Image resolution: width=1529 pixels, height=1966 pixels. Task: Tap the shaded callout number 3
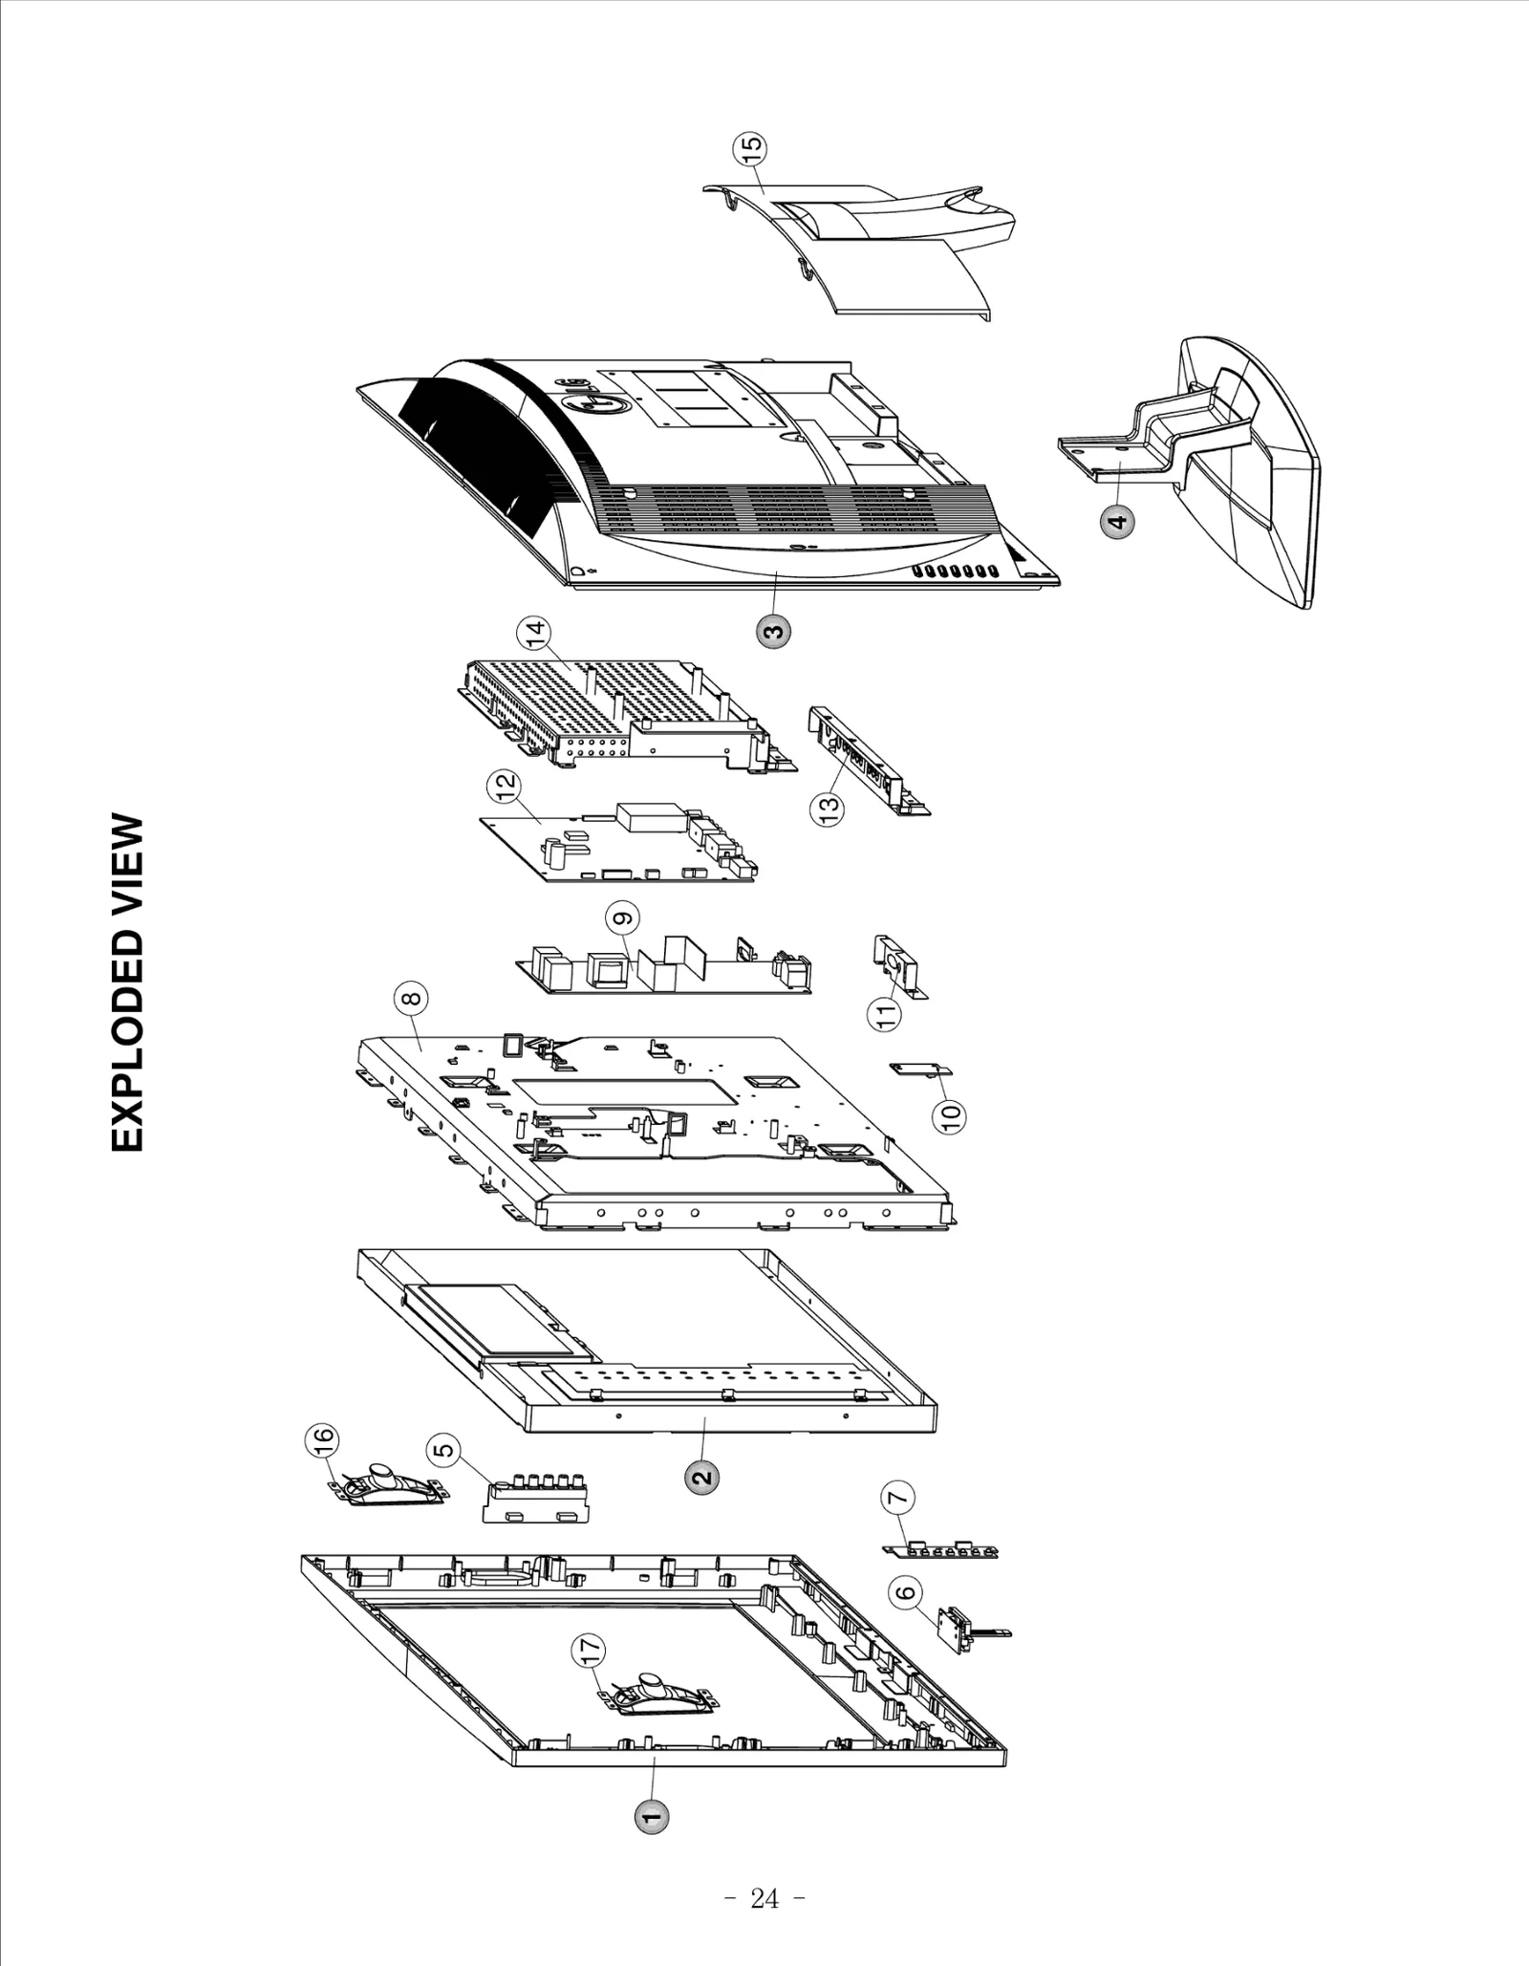(773, 632)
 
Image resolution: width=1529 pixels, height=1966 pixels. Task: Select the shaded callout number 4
(1117, 522)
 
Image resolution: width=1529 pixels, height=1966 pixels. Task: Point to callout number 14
(534, 632)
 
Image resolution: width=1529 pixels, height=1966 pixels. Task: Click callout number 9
(622, 918)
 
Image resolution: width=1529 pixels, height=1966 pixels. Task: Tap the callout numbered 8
(411, 999)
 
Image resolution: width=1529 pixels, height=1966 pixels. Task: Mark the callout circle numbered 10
(949, 1116)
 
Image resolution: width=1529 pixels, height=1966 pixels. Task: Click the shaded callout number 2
(701, 1477)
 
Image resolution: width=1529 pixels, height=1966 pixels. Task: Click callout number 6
(904, 1592)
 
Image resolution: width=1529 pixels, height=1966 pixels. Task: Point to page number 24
(764, 1899)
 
